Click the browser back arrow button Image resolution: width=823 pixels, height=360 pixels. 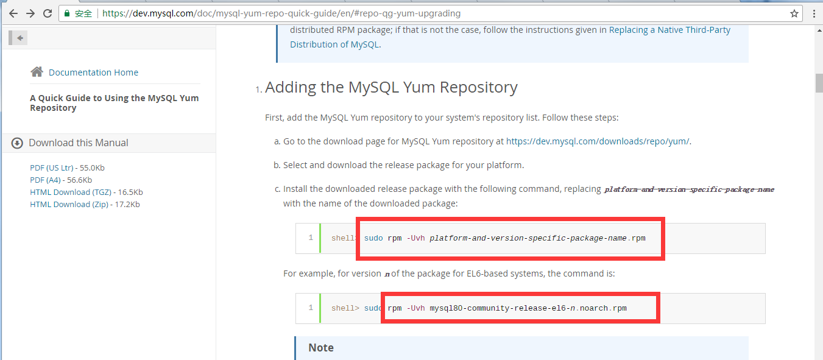[13, 13]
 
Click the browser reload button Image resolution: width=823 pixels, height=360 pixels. [48, 13]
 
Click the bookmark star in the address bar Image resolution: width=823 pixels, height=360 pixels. [794, 13]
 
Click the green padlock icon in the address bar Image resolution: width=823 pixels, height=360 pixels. [67, 13]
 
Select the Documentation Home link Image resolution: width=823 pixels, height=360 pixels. [93, 72]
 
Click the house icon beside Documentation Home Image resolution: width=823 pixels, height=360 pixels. [37, 72]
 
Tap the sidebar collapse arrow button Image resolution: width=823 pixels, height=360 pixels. [19, 38]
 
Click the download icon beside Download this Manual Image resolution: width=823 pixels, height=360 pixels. [18, 143]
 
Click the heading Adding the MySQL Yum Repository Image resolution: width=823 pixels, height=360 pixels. [391, 87]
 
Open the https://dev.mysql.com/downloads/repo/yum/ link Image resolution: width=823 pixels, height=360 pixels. [598, 141]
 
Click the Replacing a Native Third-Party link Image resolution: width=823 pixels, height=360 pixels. [669, 30]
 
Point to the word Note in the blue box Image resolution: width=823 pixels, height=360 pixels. [321, 348]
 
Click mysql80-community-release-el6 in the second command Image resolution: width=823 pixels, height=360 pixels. [496, 308]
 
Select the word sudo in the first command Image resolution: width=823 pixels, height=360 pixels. [373, 238]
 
